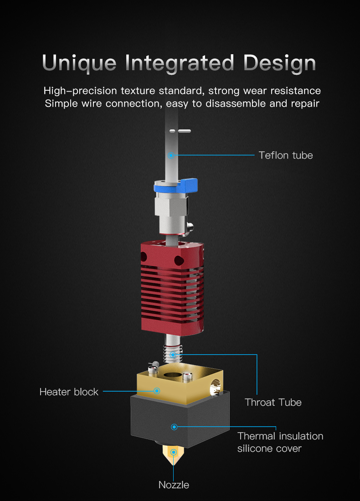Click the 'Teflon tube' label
click(x=286, y=155)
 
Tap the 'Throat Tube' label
click(x=273, y=402)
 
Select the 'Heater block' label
click(x=69, y=392)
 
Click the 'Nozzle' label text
click(x=174, y=485)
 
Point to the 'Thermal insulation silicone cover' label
click(x=280, y=442)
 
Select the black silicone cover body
click(x=150, y=424)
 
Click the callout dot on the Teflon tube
click(x=171, y=155)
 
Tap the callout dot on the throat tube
click(x=173, y=354)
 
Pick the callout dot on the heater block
click(x=157, y=391)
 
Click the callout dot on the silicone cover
click(x=174, y=427)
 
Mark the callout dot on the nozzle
click(x=174, y=452)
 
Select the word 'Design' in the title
click(x=279, y=62)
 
